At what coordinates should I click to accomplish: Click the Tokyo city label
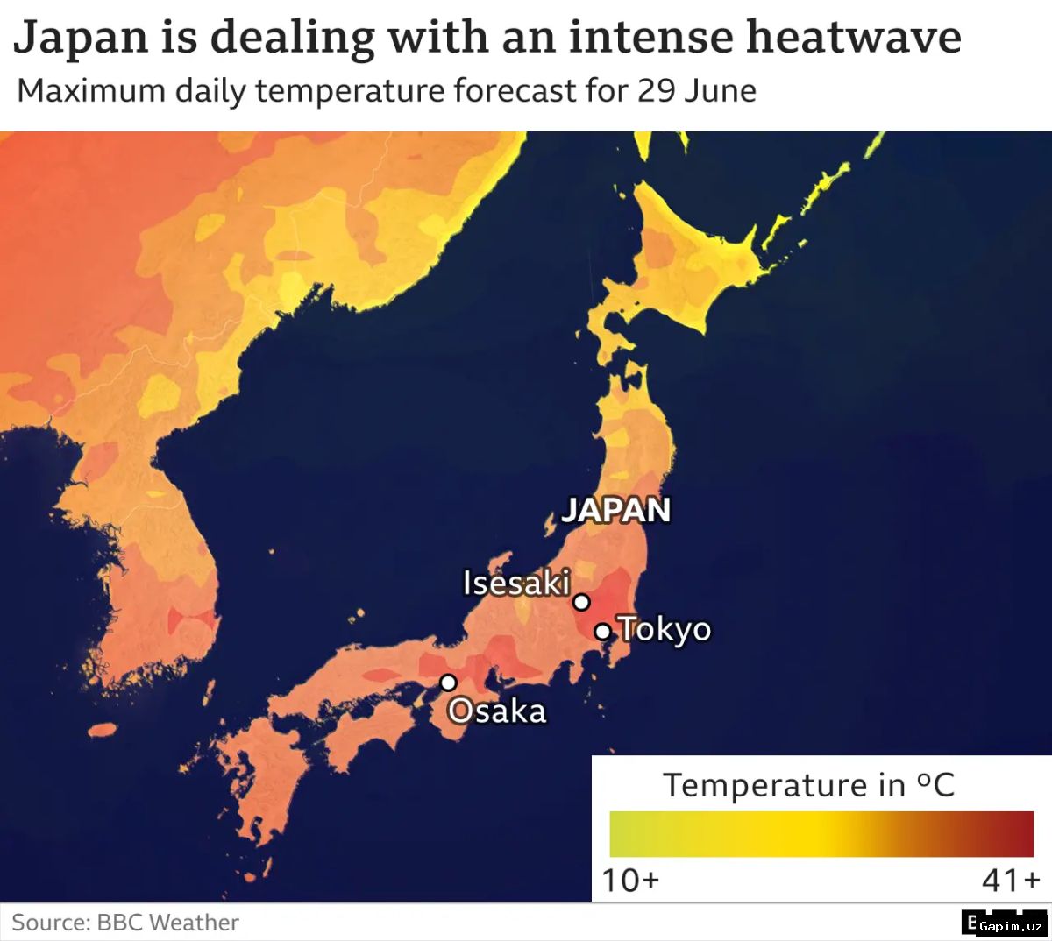665,629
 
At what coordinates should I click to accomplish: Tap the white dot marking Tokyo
602,631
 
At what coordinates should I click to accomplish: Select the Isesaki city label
516,583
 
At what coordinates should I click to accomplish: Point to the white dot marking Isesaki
581,602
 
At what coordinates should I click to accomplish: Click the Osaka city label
498,711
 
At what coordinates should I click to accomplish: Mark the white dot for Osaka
448,683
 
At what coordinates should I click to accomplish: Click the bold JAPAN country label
615,510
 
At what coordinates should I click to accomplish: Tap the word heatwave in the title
853,38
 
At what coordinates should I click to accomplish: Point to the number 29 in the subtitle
656,91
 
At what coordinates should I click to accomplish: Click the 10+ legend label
629,879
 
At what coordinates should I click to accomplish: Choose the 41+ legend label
1010,879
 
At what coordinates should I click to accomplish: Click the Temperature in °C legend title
807,784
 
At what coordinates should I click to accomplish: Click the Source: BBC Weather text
125,923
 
